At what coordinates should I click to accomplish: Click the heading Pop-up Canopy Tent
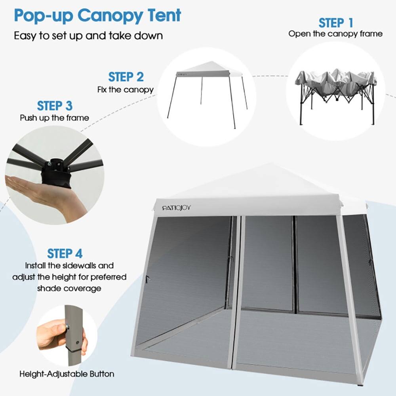pos(97,15)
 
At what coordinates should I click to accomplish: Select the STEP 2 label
pos(126,77)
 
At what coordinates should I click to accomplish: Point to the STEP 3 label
pos(55,106)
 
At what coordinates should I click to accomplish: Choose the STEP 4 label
pos(65,253)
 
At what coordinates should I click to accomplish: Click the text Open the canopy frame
pos(335,34)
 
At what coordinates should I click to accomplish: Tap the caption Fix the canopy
pos(126,89)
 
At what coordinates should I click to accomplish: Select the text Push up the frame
pos(55,118)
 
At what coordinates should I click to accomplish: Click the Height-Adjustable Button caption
pos(67,374)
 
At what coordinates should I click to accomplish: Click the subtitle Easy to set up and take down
pos(88,35)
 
